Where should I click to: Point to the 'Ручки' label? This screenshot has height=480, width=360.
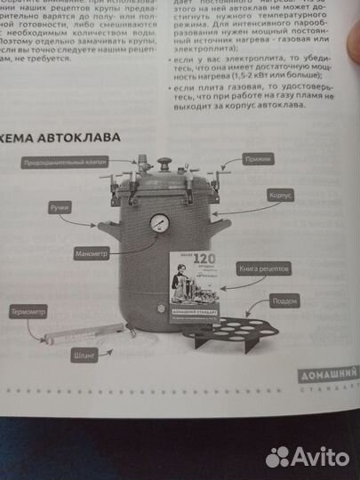coord(61,206)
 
